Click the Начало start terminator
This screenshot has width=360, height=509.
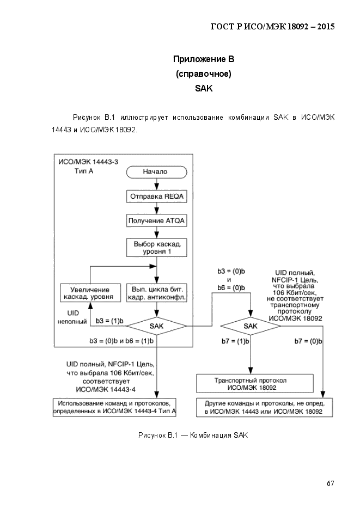pos(156,171)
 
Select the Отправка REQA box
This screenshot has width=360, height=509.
pos(156,197)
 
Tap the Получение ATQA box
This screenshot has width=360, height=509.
pos(156,220)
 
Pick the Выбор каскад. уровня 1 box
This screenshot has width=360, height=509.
pos(156,248)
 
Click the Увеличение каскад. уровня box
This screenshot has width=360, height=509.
pos(90,293)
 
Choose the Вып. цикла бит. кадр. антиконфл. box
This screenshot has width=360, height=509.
pos(156,293)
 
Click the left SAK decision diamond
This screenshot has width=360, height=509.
pos(156,326)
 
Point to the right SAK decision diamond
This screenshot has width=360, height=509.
pos(251,326)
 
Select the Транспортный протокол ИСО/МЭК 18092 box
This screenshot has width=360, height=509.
pos(255,384)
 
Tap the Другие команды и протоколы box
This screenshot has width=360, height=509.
pos(264,407)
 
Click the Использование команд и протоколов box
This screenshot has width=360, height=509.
pos(114,407)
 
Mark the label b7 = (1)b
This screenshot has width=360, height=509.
pos(235,341)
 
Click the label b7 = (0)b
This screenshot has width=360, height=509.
pos(308,341)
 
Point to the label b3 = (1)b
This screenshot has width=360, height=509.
pos(109,321)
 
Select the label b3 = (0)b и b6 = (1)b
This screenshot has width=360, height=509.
pos(122,341)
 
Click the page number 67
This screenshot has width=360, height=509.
pos(331,483)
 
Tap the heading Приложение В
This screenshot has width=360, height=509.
pos(204,59)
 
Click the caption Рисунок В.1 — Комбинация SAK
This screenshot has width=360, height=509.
pos(193,436)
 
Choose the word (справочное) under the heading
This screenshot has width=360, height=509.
pos(204,74)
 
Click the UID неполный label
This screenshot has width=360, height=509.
pos(72,317)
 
